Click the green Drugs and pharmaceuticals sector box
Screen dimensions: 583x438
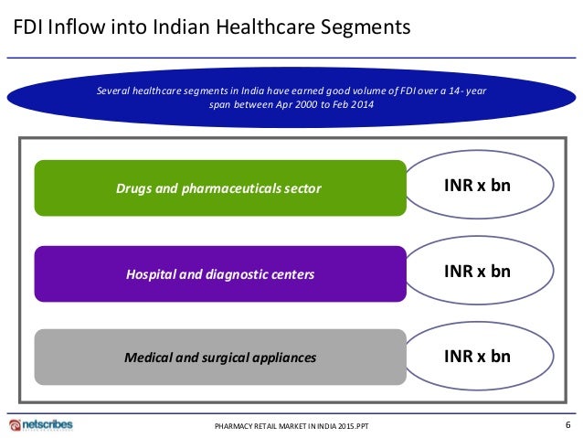[219, 188]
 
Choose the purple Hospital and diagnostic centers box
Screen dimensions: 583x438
[219, 273]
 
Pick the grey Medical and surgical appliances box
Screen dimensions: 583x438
[219, 357]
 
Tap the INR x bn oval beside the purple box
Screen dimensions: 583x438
[477, 272]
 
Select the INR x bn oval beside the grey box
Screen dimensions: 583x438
[477, 356]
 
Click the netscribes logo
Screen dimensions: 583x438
[41, 424]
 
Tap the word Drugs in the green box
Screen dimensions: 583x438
[133, 189]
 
